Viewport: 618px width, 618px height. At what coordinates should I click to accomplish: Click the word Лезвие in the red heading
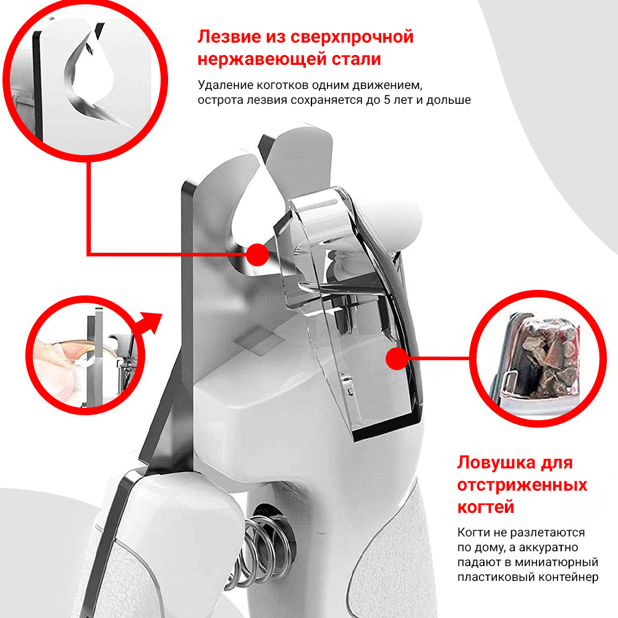[229, 36]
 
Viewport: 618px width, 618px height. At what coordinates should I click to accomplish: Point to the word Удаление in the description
[225, 85]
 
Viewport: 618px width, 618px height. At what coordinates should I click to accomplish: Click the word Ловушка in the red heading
[496, 463]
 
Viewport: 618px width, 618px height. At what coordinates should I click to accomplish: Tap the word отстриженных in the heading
[522, 485]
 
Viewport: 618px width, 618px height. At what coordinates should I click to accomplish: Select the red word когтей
[486, 507]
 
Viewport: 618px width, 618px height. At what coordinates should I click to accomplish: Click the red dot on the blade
[258, 255]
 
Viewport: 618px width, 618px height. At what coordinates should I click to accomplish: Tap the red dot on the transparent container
[397, 358]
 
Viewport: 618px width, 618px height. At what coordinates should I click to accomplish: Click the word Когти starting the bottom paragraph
[473, 533]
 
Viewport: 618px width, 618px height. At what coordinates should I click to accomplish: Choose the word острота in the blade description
[221, 100]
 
